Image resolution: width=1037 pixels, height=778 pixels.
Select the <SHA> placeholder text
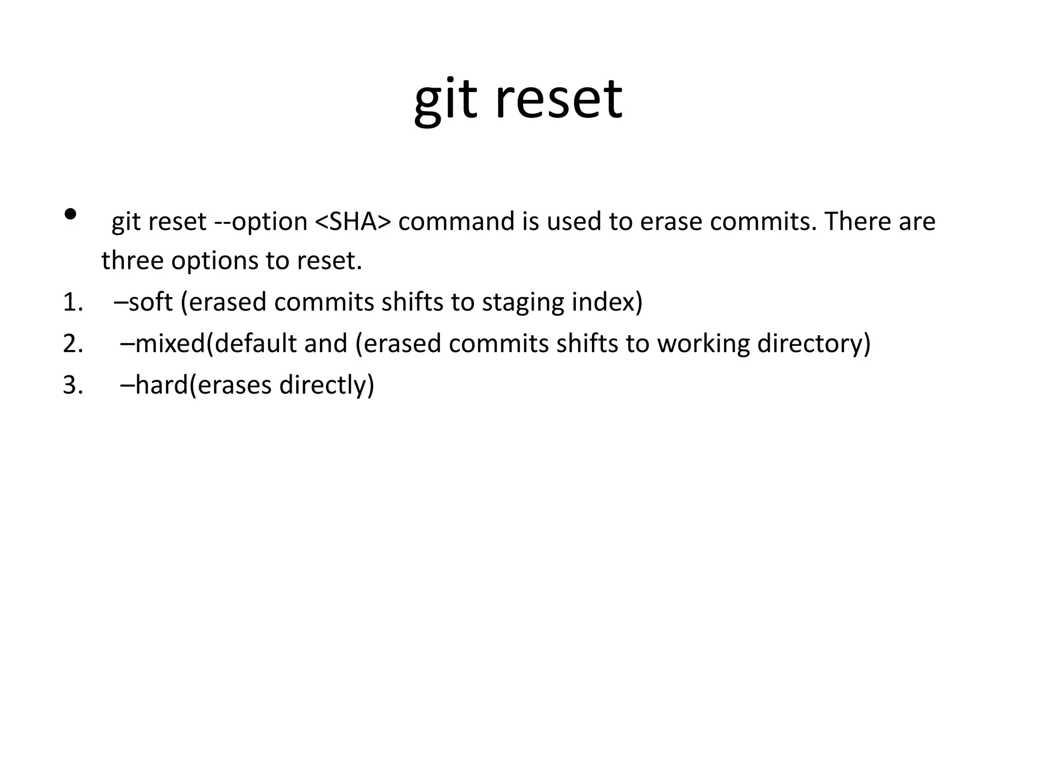point(353,221)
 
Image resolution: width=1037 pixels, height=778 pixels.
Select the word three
point(132,260)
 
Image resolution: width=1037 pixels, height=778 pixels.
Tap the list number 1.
point(72,302)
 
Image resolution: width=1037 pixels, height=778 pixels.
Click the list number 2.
point(72,343)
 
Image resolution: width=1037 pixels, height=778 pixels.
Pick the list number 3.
point(72,385)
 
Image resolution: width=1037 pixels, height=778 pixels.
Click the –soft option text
point(143,302)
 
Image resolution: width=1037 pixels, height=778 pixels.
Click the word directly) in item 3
point(327,385)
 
